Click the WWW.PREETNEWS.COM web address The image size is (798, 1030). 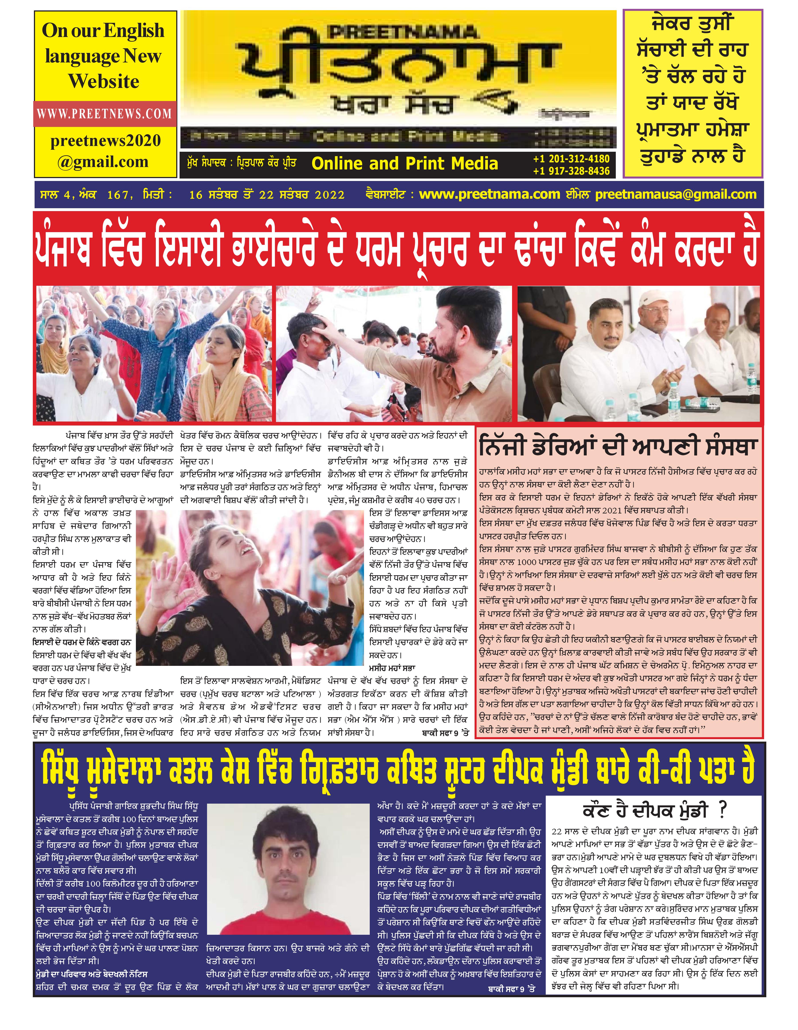pyautogui.click(x=104, y=114)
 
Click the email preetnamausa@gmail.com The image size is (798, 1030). pyautogui.click(x=676, y=194)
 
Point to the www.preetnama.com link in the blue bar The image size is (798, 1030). pyautogui.click(x=489, y=194)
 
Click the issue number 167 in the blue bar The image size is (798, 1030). pyautogui.click(x=118, y=195)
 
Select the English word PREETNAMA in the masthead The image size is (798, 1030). pyautogui.click(x=403, y=32)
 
